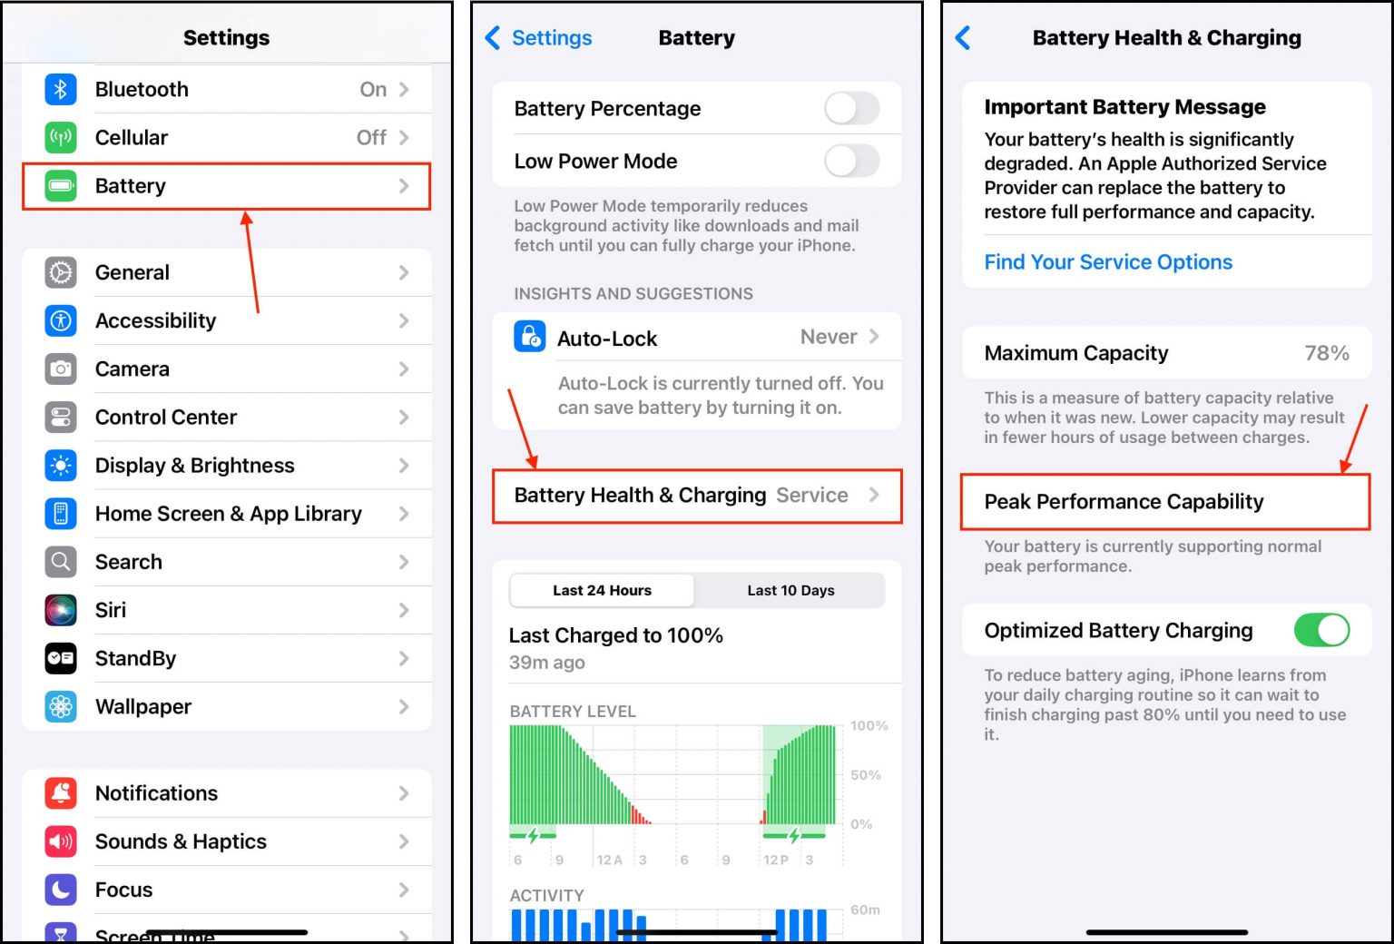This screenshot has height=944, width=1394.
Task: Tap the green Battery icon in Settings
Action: pos(61,186)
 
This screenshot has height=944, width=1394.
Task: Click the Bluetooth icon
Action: pos(61,89)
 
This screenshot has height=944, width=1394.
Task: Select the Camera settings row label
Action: pos(133,369)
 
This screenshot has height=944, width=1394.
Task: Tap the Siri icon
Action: pos(61,610)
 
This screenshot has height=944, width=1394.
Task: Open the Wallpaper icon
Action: pos(61,706)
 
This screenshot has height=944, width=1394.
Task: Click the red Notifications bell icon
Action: pos(61,793)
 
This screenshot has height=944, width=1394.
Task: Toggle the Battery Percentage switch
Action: pos(851,108)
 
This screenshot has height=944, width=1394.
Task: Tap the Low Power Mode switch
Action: pos(851,162)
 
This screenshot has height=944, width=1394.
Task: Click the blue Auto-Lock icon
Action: pos(530,337)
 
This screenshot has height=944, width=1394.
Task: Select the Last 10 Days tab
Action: pos(790,590)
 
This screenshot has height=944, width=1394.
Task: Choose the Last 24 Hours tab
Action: pos(602,590)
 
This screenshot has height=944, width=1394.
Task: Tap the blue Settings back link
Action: pos(539,37)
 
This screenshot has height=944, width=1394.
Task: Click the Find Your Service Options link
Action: pos(1108,262)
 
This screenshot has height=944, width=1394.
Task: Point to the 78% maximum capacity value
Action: pos(1326,353)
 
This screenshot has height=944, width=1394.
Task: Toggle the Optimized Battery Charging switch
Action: pos(1321,630)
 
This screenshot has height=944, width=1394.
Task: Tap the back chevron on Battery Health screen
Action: pos(964,37)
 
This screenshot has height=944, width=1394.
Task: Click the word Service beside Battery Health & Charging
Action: pos(812,495)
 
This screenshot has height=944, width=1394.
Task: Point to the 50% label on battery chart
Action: pos(866,775)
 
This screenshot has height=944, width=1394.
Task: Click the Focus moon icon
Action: pos(61,890)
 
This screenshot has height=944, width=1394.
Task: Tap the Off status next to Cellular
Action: pos(371,137)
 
